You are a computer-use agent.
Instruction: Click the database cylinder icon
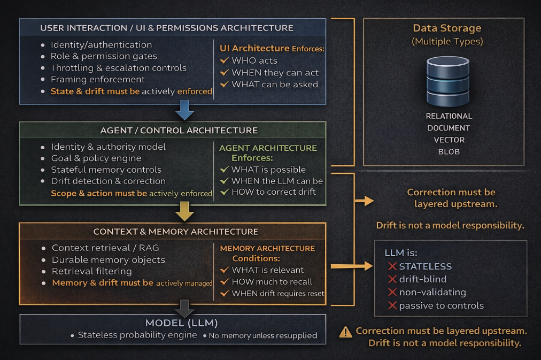click(448, 81)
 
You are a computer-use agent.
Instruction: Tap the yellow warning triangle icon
click(346, 332)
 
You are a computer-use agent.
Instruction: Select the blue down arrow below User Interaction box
click(184, 110)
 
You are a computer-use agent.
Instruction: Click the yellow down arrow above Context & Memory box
click(184, 211)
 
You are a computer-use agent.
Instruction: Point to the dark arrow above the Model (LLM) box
click(184, 308)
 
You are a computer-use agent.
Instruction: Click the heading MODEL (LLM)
click(181, 323)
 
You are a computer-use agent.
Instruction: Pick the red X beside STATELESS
click(392, 266)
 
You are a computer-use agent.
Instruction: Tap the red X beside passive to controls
click(392, 305)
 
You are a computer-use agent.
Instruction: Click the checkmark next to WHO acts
click(225, 60)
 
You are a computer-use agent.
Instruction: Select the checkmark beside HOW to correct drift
click(225, 192)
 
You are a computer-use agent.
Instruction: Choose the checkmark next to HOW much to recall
click(225, 282)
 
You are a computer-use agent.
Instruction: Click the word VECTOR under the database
click(449, 140)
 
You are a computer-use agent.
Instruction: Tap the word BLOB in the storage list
click(449, 151)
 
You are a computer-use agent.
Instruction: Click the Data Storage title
click(447, 28)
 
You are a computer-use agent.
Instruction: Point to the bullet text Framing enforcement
click(98, 79)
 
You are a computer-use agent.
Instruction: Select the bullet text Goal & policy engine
click(96, 158)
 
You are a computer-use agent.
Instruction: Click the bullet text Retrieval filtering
click(92, 271)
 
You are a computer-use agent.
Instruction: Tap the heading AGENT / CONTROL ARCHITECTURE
click(179, 131)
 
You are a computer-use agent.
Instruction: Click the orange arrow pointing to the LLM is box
click(352, 266)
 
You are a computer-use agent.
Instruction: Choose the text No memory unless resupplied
click(263, 335)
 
